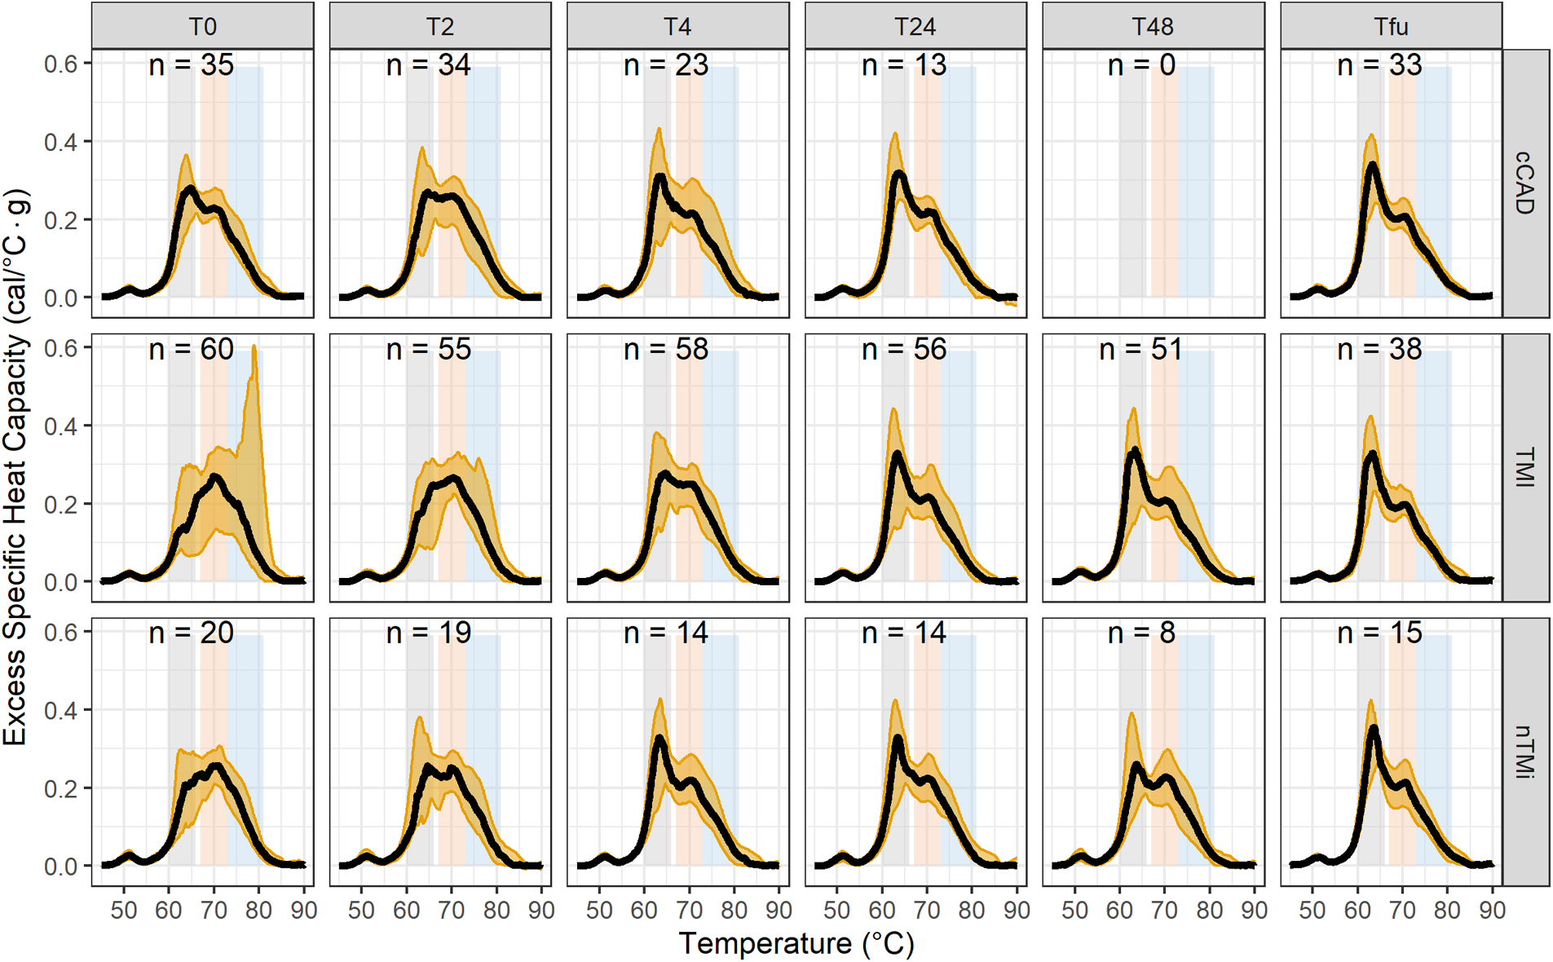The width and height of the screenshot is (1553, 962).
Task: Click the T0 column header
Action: coord(202,26)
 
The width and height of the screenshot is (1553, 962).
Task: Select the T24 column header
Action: coord(915,26)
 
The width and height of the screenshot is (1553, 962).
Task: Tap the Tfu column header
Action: coord(1390,26)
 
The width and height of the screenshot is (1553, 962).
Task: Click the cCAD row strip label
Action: coord(1524,183)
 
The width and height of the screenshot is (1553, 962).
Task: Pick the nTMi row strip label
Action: coord(1524,751)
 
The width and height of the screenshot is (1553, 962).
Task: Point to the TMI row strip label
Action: coord(1524,467)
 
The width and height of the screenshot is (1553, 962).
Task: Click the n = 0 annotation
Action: coord(1141,65)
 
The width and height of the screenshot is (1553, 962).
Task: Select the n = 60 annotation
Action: coord(191,349)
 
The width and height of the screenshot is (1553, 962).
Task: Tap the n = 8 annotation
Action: coord(1141,633)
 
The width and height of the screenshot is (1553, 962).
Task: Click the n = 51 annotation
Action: coord(1141,349)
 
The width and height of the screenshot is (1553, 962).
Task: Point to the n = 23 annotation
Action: coord(666,65)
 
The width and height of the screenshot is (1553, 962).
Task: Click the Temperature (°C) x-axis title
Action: coord(796,943)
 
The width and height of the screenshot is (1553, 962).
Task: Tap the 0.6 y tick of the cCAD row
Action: coord(61,64)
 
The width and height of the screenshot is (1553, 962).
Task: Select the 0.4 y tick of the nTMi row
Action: coord(61,710)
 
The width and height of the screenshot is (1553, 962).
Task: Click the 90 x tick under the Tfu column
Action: coord(1492,910)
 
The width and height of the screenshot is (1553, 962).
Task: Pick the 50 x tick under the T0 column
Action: coord(124,910)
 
